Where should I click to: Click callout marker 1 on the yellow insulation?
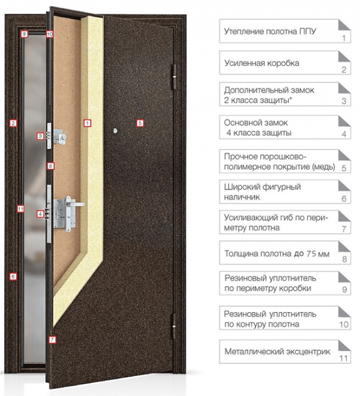coord(87,123)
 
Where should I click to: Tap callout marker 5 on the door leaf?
coord(140,123)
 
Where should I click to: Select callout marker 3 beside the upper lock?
coord(40,136)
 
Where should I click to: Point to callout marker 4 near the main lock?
coord(40,214)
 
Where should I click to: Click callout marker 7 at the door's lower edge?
coord(52,340)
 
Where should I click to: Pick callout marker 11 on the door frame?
coord(20,209)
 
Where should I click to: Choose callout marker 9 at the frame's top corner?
coord(24,34)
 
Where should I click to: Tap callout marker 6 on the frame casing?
coord(13,277)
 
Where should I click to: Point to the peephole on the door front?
coord(116,131)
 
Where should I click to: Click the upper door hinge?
coord(174,77)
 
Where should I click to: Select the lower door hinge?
coord(174,326)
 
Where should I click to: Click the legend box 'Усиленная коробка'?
coord(285,63)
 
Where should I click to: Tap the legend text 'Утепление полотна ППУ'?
coord(270,32)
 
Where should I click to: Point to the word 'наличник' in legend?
coord(242,197)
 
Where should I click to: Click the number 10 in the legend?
coord(344,325)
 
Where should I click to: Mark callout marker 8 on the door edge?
coord(51,166)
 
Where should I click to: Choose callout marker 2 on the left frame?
coord(13,123)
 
